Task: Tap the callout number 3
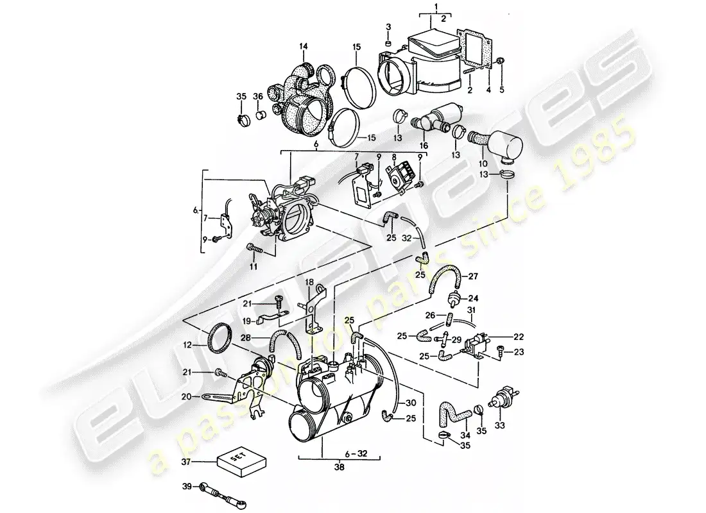tap(388, 26)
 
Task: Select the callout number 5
tap(503, 90)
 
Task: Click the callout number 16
tap(423, 146)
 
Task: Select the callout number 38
tap(340, 468)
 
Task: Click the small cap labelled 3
tap(388, 42)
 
